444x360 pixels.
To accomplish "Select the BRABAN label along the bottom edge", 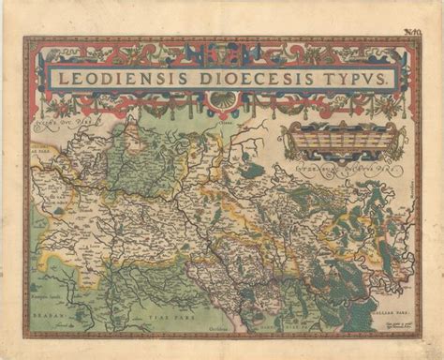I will [x=56, y=316].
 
